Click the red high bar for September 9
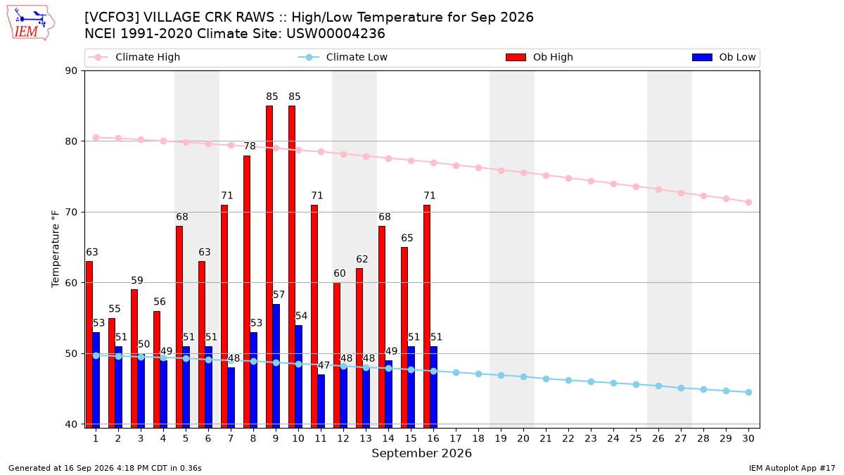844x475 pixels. (x=269, y=267)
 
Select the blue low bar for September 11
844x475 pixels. (x=321, y=401)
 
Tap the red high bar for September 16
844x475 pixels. (x=427, y=316)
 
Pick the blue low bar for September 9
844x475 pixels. (x=276, y=366)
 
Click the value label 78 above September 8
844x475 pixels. (x=250, y=146)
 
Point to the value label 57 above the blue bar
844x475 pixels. (x=279, y=294)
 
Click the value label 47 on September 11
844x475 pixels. (x=324, y=365)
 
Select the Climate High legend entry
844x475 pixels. (x=134, y=57)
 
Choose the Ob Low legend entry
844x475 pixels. (x=724, y=57)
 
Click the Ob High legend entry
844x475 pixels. (x=539, y=57)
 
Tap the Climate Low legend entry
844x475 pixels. (x=343, y=57)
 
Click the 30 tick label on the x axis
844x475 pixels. (x=748, y=438)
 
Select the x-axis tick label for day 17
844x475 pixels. (x=456, y=438)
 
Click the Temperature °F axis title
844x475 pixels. (x=56, y=249)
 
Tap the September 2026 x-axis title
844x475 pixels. (x=421, y=453)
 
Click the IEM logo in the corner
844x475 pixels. (x=30, y=23)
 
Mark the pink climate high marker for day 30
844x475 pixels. (x=748, y=203)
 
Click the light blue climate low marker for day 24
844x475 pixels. (x=613, y=384)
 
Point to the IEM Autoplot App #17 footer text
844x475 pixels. (x=792, y=468)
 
